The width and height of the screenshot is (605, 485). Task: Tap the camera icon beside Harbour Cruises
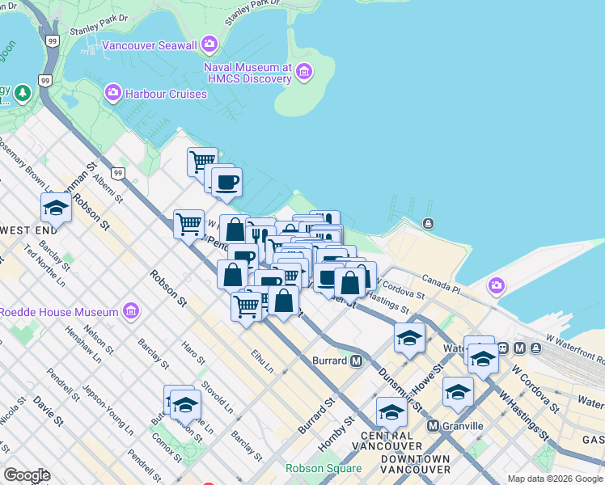click(112, 94)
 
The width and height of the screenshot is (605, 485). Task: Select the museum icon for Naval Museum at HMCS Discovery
click(304, 73)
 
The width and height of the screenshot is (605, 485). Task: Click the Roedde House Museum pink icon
click(130, 311)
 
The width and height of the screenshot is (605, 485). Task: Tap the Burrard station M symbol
click(356, 361)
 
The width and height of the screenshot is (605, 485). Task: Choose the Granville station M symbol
click(433, 425)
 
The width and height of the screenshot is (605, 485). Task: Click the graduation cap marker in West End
click(56, 209)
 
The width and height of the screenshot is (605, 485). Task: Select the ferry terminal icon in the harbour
click(427, 223)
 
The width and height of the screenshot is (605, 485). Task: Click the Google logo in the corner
click(27, 475)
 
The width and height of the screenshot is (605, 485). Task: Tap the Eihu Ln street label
click(262, 361)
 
